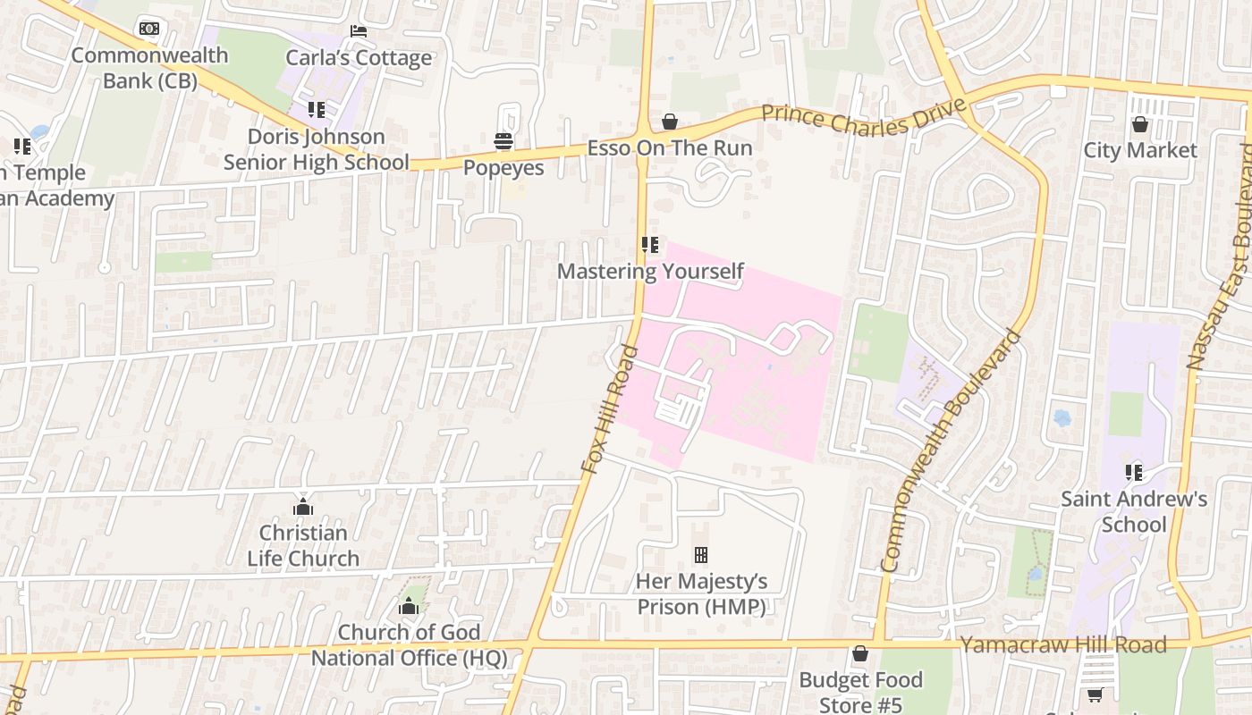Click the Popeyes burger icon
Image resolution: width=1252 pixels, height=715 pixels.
click(503, 141)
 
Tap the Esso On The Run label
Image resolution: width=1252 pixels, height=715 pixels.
click(669, 148)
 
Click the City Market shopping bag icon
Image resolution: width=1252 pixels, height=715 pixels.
click(1139, 124)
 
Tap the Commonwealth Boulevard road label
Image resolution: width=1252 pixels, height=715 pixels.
click(950, 451)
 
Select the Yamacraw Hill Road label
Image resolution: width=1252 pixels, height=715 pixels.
click(1062, 644)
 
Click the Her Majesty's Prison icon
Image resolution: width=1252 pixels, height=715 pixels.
click(701, 555)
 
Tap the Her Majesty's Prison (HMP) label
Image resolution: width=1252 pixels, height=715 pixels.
click(701, 594)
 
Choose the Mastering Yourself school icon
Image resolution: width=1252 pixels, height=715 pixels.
click(650, 244)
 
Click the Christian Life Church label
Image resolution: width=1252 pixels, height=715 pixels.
click(303, 545)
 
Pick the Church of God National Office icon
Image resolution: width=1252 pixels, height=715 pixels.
click(409, 607)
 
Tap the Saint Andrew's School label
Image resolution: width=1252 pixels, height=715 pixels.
click(1134, 511)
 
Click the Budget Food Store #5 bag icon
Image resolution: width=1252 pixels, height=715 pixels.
click(859, 654)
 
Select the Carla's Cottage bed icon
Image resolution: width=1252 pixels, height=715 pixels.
click(359, 31)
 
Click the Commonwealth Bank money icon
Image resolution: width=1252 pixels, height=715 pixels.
click(149, 29)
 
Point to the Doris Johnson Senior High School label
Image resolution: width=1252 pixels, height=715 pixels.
click(316, 149)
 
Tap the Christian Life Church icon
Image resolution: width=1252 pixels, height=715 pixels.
click(303, 507)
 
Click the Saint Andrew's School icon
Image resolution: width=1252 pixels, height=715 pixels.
click(1134, 472)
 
